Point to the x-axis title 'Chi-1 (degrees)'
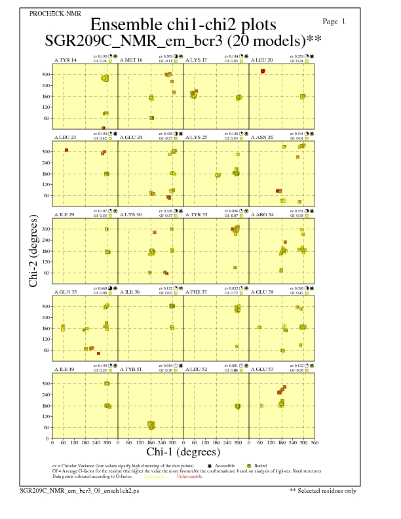tap(183, 452)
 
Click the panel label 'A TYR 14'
tap(65, 60)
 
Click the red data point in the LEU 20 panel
tap(263, 71)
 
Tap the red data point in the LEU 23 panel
tap(66, 150)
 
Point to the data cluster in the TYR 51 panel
tap(151, 426)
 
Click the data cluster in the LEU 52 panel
tap(237, 406)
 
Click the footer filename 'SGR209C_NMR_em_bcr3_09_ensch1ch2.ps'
tap(79, 490)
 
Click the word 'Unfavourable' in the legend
tap(189, 476)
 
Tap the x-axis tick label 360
tap(315, 443)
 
